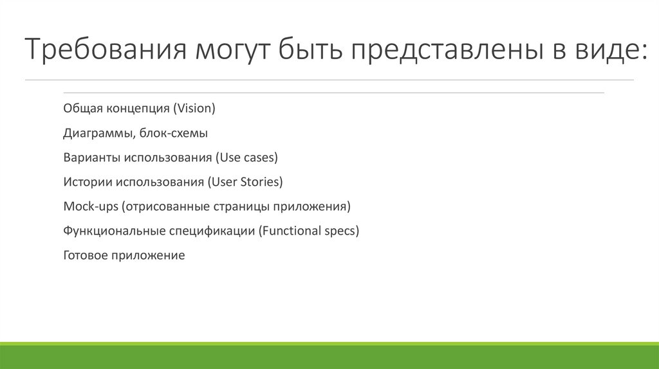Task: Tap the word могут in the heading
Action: (232, 51)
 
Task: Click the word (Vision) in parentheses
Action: (194, 108)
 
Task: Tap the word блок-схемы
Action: (173, 132)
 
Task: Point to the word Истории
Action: (88, 182)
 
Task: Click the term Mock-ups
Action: (91, 206)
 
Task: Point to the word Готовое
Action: (86, 255)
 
